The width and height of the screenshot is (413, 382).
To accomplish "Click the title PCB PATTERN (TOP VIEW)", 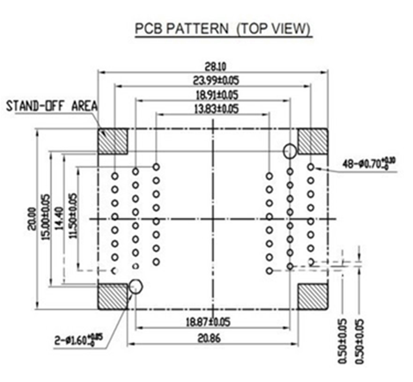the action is coord(223,29).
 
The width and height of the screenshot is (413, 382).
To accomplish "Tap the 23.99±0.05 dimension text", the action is coord(213,81).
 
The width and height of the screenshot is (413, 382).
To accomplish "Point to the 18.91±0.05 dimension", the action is coord(213,95).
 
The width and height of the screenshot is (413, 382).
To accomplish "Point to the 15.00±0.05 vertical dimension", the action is coord(46,218).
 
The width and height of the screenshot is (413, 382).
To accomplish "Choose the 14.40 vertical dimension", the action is coord(60,218).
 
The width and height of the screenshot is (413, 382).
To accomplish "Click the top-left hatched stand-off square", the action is coord(112,141).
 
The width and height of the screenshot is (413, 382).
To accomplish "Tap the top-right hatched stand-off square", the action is coord(312,141).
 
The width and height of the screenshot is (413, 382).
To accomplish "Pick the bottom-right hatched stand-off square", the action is coord(312,297).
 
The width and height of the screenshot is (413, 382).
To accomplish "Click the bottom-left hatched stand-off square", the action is coord(112,297).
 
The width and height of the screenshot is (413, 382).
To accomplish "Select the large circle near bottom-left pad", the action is coord(137,286).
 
